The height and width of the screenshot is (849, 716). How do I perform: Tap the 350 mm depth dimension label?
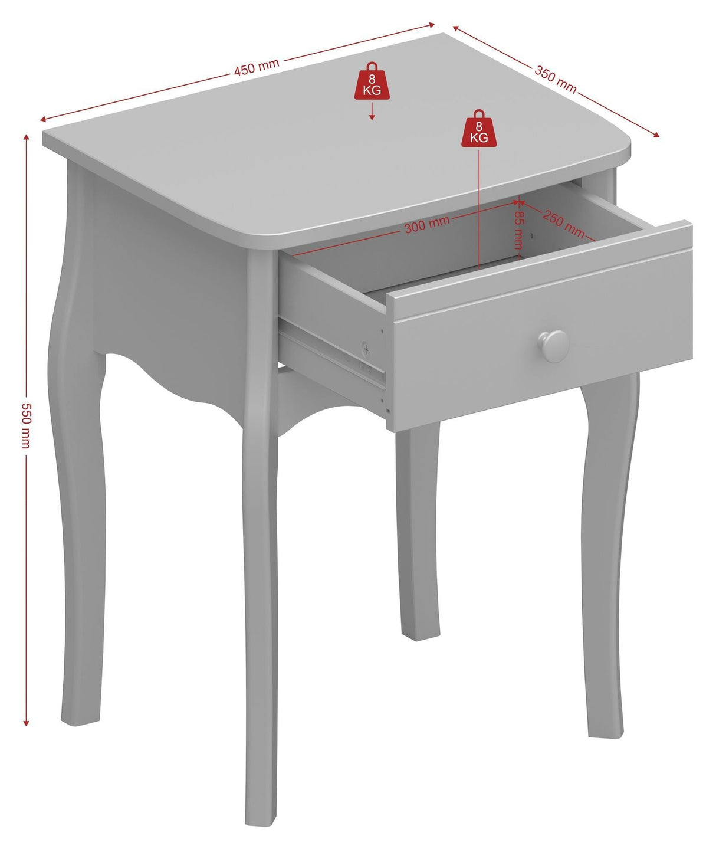(556, 79)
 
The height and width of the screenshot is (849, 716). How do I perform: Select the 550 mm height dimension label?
(26, 426)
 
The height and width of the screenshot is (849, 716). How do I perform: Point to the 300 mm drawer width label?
(427, 224)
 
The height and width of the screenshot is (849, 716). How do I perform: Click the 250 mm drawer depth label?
(564, 224)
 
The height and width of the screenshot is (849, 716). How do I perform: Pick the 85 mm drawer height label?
(519, 230)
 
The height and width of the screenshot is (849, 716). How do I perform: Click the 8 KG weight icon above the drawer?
(479, 128)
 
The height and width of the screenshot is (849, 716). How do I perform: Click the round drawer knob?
(553, 346)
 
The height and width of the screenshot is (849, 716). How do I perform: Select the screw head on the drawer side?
(366, 349)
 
